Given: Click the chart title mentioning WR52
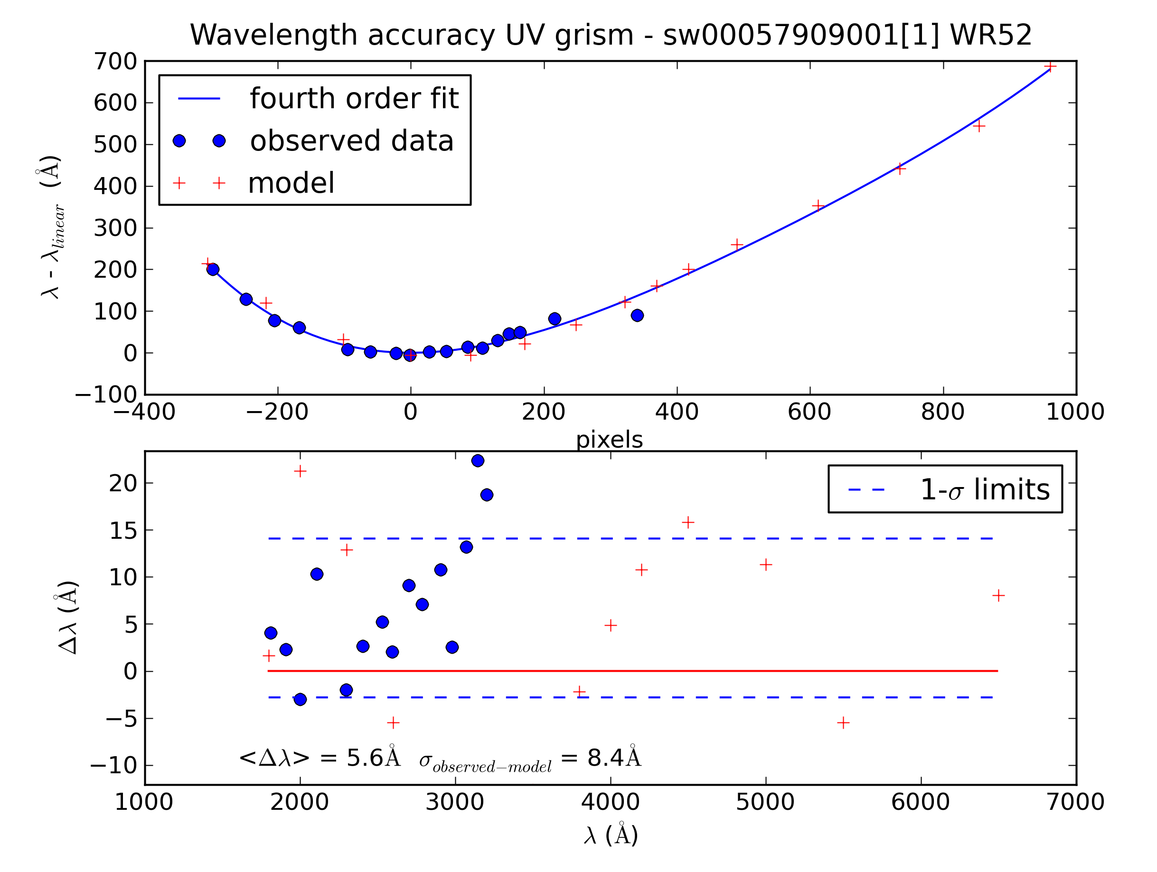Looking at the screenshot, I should click(x=611, y=35).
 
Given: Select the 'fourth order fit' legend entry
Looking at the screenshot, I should click(x=354, y=98).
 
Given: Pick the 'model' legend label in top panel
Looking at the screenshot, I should click(x=291, y=183).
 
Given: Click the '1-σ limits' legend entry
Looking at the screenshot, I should click(x=984, y=489).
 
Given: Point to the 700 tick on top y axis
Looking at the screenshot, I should click(x=115, y=62).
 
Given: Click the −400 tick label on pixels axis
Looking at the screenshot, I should click(x=145, y=412).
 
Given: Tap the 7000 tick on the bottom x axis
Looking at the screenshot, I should click(x=1075, y=802).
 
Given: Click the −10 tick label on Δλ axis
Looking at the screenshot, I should click(x=113, y=766).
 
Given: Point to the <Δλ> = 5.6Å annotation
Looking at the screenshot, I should click(x=320, y=758).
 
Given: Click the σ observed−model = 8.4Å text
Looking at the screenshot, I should click(x=530, y=759).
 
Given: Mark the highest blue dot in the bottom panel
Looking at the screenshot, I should click(x=478, y=460).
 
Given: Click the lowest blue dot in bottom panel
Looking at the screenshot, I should click(x=300, y=699).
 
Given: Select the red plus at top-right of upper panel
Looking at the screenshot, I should click(x=1050, y=66).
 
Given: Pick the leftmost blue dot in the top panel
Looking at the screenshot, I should click(x=213, y=270).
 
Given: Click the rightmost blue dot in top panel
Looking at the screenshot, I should click(x=637, y=315).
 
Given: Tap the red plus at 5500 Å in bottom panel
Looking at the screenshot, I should click(x=843, y=723).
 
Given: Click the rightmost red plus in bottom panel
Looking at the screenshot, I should click(x=998, y=595).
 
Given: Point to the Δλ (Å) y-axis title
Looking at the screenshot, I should click(x=68, y=617).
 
